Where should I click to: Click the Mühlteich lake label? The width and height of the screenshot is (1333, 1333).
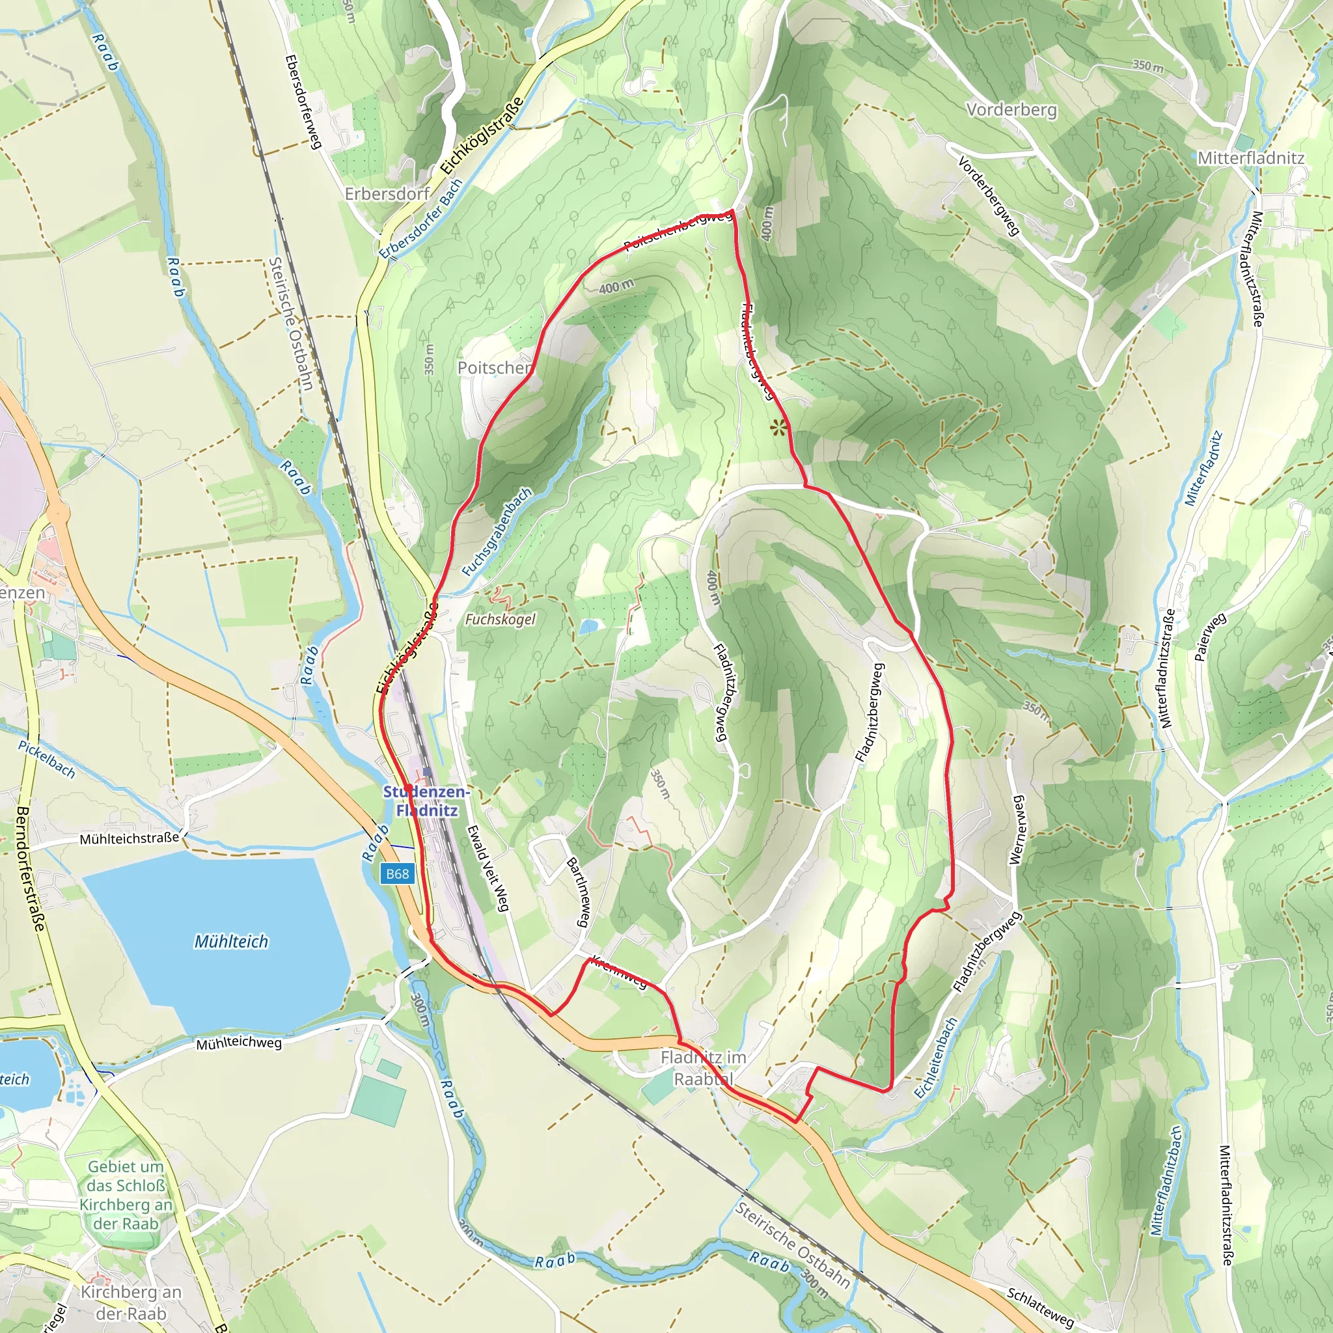tap(231, 941)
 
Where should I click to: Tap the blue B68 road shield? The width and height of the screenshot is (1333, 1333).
tap(398, 874)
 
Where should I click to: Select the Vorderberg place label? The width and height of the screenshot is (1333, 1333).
tap(1011, 110)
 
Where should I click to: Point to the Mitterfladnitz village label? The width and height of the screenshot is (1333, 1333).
tap(1251, 158)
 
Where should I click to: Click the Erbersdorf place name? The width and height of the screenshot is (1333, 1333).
tap(387, 194)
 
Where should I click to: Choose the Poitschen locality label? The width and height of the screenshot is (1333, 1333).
tap(495, 368)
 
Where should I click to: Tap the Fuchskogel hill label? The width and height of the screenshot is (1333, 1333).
tap(501, 620)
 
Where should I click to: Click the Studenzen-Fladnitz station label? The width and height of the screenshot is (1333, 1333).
tap(426, 801)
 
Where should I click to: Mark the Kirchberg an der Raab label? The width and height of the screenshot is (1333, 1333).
tap(131, 1302)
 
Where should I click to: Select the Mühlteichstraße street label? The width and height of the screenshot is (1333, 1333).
tap(129, 839)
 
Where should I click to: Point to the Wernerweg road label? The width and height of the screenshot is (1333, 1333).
tap(1017, 830)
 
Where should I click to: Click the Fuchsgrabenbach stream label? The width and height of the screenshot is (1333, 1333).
tap(497, 532)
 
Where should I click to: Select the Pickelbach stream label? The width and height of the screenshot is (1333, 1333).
tap(46, 760)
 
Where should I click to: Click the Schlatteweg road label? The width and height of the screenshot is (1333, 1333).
tap(1039, 1308)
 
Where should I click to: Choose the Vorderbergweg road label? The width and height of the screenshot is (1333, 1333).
tap(988, 196)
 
